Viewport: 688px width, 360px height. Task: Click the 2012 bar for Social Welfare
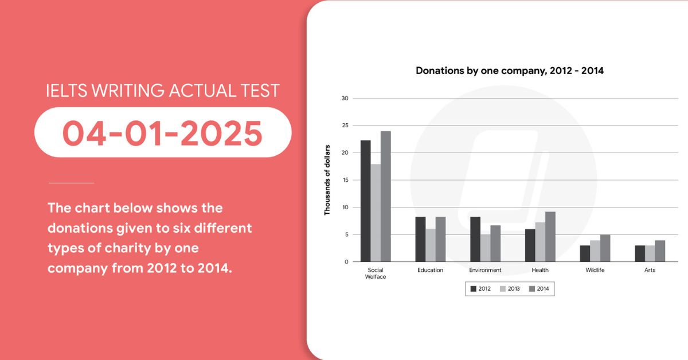pyautogui.click(x=366, y=201)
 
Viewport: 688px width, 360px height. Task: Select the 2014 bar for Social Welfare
pyautogui.click(x=386, y=196)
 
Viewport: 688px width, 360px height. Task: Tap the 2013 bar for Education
pyautogui.click(x=431, y=245)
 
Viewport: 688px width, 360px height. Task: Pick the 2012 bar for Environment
pyautogui.click(x=475, y=239)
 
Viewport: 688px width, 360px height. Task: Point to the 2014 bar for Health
pyautogui.click(x=550, y=237)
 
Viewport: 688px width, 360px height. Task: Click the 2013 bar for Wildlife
pyautogui.click(x=595, y=251)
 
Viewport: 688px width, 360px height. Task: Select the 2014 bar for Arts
pyautogui.click(x=660, y=251)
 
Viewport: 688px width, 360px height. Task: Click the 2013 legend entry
pyautogui.click(x=510, y=289)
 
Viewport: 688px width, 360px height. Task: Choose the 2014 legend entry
pyautogui.click(x=539, y=289)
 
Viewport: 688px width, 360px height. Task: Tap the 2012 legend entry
pyautogui.click(x=480, y=289)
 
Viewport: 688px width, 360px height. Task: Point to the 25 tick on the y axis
pyautogui.click(x=345, y=126)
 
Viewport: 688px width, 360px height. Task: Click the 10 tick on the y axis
pyautogui.click(x=345, y=208)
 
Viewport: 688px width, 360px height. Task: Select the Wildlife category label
pyautogui.click(x=595, y=270)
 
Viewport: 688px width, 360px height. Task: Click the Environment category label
pyautogui.click(x=485, y=270)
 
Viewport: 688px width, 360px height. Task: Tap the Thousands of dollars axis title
pyautogui.click(x=327, y=180)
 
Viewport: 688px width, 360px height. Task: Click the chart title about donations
pyautogui.click(x=510, y=71)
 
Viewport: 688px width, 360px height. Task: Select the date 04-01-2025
pyautogui.click(x=162, y=132)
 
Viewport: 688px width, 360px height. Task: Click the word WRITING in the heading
pyautogui.click(x=128, y=91)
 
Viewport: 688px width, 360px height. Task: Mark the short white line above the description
pyautogui.click(x=71, y=183)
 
